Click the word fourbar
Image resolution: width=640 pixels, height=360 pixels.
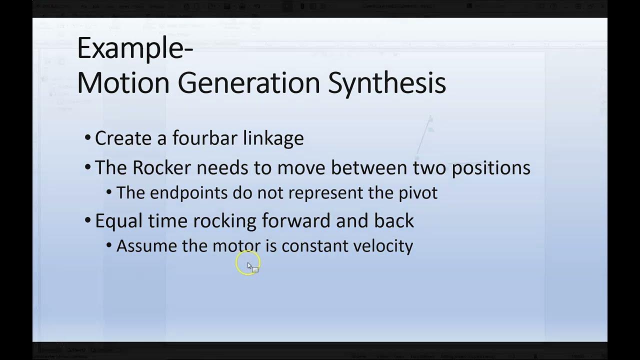point(205,138)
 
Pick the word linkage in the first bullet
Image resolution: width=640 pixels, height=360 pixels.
point(273,138)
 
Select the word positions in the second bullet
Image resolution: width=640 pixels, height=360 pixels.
point(491,168)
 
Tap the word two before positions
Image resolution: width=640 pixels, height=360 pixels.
point(429,167)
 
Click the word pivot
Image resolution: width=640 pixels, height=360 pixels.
point(418,193)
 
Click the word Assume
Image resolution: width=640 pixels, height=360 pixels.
point(147,246)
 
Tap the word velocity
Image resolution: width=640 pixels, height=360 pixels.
point(383,246)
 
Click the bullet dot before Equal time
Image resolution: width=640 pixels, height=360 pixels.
point(88,220)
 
